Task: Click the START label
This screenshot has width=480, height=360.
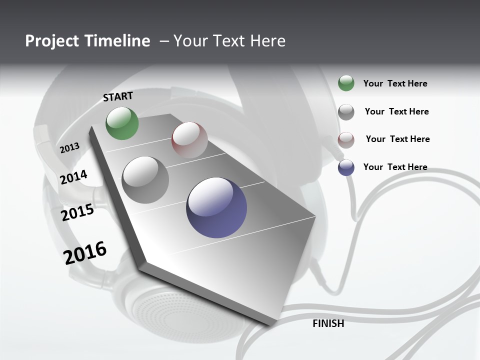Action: pyautogui.click(x=118, y=96)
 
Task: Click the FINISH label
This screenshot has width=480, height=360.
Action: pyautogui.click(x=328, y=323)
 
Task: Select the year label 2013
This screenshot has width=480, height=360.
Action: pyautogui.click(x=69, y=148)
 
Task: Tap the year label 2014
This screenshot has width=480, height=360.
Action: pyautogui.click(x=73, y=177)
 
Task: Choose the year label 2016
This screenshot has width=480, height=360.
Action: pyautogui.click(x=85, y=252)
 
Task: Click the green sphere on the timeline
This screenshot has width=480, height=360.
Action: pyautogui.click(x=122, y=123)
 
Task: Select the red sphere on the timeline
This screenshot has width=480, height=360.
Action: pyautogui.click(x=189, y=139)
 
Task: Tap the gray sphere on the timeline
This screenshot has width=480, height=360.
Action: pyautogui.click(x=145, y=179)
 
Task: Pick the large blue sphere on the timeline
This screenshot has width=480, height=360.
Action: pyautogui.click(x=216, y=207)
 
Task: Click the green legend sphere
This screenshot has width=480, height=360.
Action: pyautogui.click(x=346, y=83)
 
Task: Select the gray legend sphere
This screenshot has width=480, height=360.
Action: pyautogui.click(x=346, y=111)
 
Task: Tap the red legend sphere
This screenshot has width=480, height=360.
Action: pyautogui.click(x=346, y=139)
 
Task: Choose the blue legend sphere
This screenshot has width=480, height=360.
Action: pyautogui.click(x=346, y=167)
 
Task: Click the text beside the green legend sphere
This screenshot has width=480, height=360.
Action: pyautogui.click(x=395, y=83)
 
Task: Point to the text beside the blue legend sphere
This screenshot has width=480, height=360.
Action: pyautogui.click(x=395, y=167)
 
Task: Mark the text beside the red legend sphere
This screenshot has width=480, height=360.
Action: pyautogui.click(x=397, y=139)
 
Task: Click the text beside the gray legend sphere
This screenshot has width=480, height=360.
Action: pyautogui.click(x=396, y=111)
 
